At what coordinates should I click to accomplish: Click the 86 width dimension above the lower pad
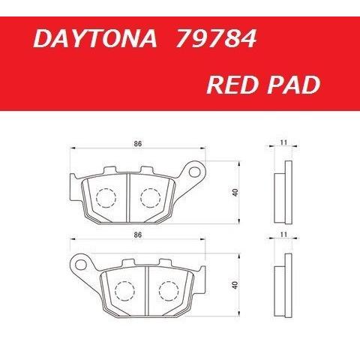(136, 235)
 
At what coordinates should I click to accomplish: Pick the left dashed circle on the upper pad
(106, 199)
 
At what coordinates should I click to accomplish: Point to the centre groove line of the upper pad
(128, 196)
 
